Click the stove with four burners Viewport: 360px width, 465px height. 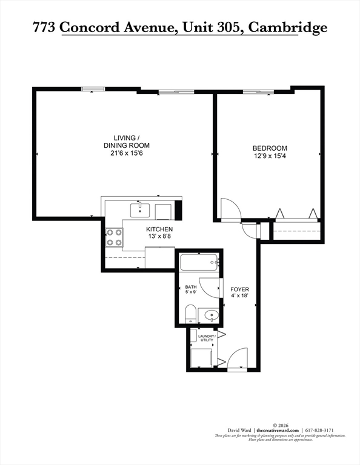coord(115,237)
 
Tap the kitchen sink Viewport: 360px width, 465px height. coord(140,210)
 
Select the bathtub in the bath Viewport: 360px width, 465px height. coord(199,262)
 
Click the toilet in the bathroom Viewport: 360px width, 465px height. coord(190,314)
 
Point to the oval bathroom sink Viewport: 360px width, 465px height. coord(212,315)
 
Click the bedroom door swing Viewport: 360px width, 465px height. coord(231,209)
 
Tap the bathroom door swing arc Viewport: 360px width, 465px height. coord(210,288)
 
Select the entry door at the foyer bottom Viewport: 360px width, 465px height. coord(237,359)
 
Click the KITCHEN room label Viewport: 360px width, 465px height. coord(159,229)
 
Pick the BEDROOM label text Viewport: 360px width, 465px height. coord(270,148)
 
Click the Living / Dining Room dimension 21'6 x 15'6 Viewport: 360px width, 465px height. coord(127,153)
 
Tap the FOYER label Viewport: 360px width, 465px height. coord(240,289)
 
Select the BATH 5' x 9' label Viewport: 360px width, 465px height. coord(191,289)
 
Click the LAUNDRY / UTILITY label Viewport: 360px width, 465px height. coord(207,338)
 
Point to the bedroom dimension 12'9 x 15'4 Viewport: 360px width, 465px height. coord(270,156)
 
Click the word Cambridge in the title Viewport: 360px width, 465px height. coord(288,27)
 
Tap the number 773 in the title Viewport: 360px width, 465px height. coord(44,27)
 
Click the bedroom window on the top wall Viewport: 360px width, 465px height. coord(258,91)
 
